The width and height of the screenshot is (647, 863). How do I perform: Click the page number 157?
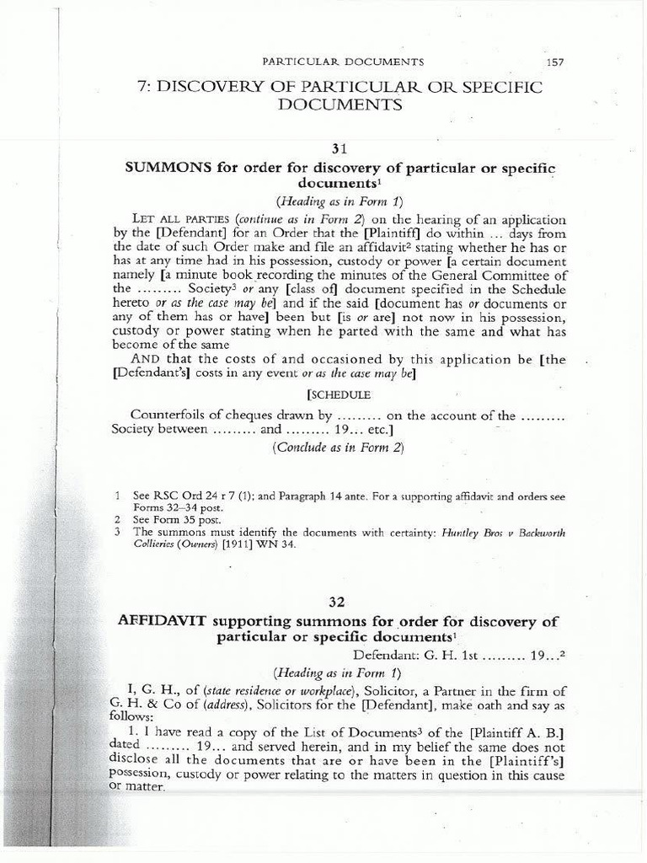(554, 62)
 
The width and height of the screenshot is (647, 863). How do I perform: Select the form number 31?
(340, 148)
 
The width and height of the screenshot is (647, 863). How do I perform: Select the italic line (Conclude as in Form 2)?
(338, 448)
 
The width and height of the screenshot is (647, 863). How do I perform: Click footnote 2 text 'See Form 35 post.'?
(173, 521)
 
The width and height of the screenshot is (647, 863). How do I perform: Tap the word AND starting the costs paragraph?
(147, 360)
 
